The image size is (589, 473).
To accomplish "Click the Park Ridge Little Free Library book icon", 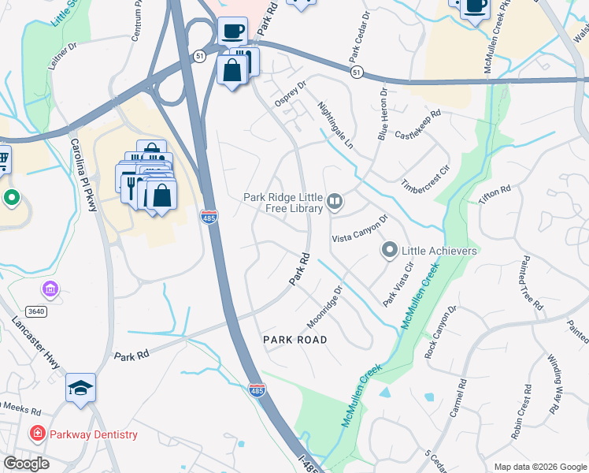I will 335,203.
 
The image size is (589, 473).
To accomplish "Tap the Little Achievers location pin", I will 389,251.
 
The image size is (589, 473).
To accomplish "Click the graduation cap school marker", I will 80,387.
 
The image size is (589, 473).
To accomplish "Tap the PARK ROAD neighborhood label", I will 294,339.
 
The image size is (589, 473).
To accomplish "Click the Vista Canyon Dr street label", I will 360,228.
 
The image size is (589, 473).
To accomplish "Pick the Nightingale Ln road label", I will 335,125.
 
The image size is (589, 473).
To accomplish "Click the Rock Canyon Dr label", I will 440,333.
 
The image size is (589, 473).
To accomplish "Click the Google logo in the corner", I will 26,463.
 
